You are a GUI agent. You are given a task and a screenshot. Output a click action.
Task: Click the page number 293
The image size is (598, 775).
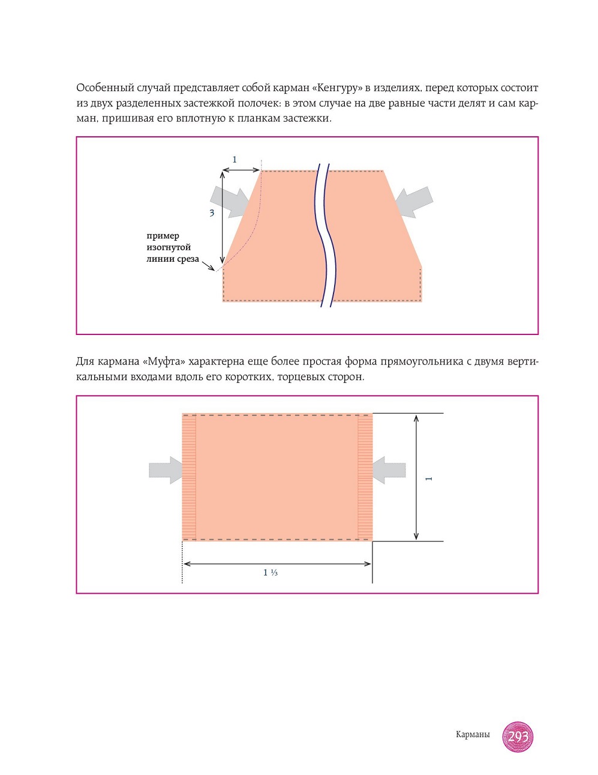coord(518,736)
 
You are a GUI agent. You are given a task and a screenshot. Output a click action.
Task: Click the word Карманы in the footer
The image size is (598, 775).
coord(473,735)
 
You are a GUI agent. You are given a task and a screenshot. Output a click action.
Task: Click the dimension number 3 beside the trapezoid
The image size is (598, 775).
coord(212,213)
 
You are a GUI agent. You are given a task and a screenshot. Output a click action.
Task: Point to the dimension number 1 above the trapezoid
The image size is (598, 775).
coord(235,160)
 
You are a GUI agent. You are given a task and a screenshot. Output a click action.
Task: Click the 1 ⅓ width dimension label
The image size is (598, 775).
coord(270,573)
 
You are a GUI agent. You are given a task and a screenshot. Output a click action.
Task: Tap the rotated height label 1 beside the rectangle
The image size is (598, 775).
coord(428,478)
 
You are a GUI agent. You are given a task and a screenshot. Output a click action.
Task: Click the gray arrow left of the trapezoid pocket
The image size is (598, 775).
coord(230,200)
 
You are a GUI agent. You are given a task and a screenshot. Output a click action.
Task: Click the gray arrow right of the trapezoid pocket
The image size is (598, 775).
coord(414,202)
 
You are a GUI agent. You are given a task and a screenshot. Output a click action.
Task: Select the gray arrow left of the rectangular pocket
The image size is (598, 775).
coord(166,470)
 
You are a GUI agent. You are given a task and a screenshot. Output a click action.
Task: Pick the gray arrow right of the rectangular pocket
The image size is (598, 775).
coord(389,470)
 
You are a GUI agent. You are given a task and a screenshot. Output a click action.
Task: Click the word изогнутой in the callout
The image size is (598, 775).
coord(169,247)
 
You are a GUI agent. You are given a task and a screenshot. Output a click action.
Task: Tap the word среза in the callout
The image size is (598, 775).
coord(188,259)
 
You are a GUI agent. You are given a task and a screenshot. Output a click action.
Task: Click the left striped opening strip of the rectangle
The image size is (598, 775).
coord(189,477)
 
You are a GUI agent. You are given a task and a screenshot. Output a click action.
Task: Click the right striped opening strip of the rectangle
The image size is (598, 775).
coord(365,477)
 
